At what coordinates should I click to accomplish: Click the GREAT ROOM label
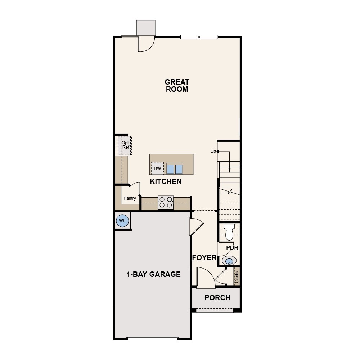tap(177, 86)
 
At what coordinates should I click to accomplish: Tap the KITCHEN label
tap(166, 181)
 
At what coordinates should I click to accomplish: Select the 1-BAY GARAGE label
tap(153, 274)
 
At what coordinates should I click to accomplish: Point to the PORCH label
tap(217, 298)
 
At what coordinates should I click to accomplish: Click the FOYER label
tap(204, 258)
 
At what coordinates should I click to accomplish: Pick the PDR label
tap(232, 248)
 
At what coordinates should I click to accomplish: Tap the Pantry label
tap(130, 198)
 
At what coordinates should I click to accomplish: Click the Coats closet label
tap(237, 277)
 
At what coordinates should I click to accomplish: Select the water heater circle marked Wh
tap(122, 220)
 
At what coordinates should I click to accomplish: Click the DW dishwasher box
tap(157, 168)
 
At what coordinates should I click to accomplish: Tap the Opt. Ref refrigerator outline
tap(125, 145)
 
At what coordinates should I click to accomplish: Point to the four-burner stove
tap(166, 202)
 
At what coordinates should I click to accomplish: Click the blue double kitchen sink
tap(175, 169)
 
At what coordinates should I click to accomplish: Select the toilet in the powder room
tap(229, 232)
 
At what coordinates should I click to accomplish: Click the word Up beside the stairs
tap(213, 151)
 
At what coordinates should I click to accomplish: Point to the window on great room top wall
tap(199, 37)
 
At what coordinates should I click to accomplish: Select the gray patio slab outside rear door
tap(145, 28)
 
